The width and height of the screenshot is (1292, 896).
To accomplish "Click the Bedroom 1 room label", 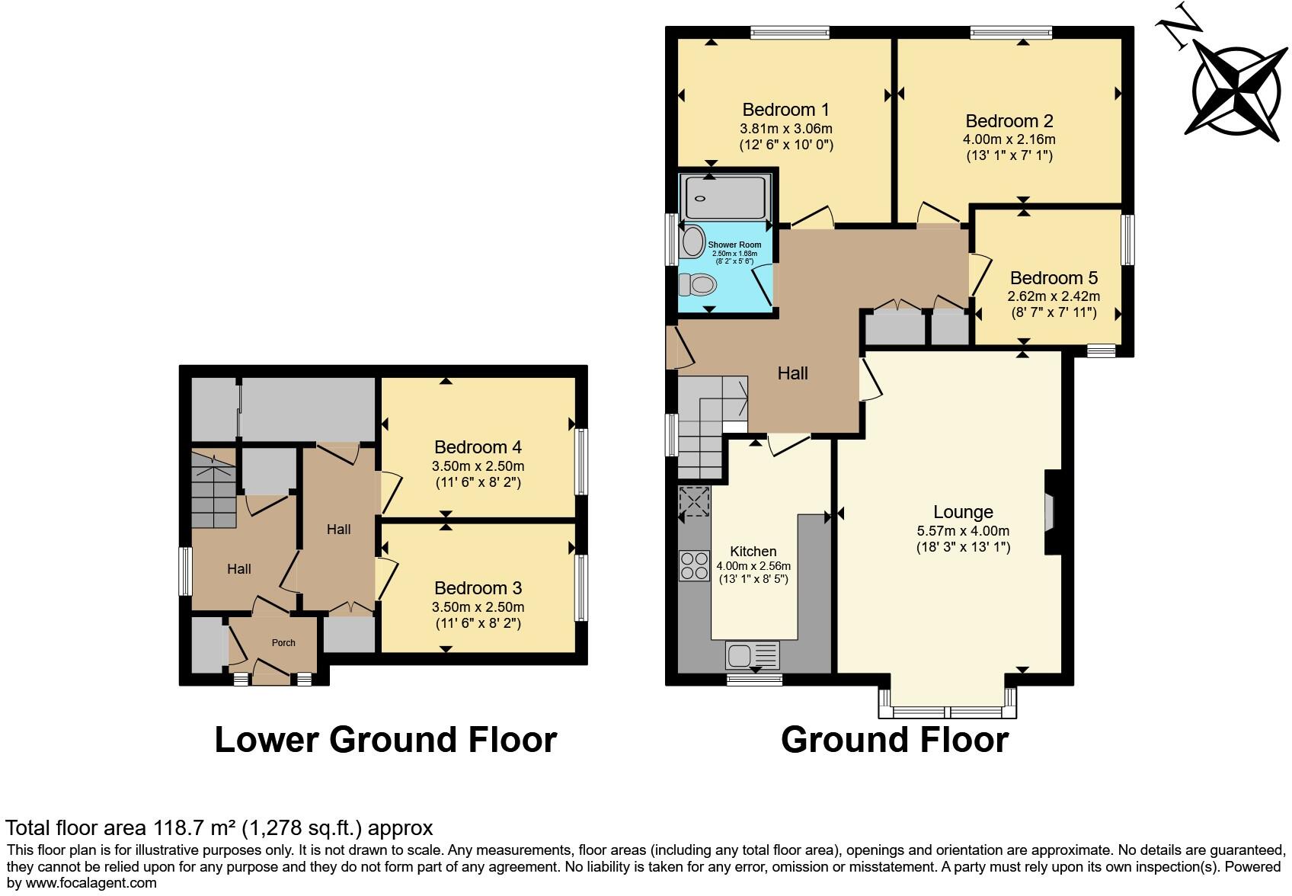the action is [785, 110].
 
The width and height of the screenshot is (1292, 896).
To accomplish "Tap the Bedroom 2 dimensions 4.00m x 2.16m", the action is [1009, 139].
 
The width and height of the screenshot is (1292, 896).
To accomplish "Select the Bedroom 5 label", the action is [1054, 278].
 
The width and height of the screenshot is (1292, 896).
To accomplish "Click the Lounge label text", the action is [963, 512].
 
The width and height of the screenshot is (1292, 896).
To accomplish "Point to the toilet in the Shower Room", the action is [698, 284].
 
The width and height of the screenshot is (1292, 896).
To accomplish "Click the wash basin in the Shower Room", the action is [693, 242].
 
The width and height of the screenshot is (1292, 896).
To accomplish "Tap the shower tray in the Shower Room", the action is [725, 197].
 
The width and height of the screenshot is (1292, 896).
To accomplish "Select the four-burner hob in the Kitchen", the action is [694, 566].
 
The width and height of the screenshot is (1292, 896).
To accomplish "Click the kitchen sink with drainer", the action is [752, 655].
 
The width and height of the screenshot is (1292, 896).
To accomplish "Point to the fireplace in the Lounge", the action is [1051, 512].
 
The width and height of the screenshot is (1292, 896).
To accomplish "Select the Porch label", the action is [283, 643].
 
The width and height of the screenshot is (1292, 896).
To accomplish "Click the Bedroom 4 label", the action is [478, 447].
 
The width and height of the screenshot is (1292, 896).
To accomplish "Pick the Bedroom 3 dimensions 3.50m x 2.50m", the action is [478, 607].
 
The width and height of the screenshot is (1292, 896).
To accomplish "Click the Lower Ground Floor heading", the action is [386, 740].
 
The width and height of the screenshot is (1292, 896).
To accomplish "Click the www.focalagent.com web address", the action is [91, 883].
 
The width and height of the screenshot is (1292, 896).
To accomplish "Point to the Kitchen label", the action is [753, 552].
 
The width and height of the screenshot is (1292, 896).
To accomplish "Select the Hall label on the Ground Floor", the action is [792, 374].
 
